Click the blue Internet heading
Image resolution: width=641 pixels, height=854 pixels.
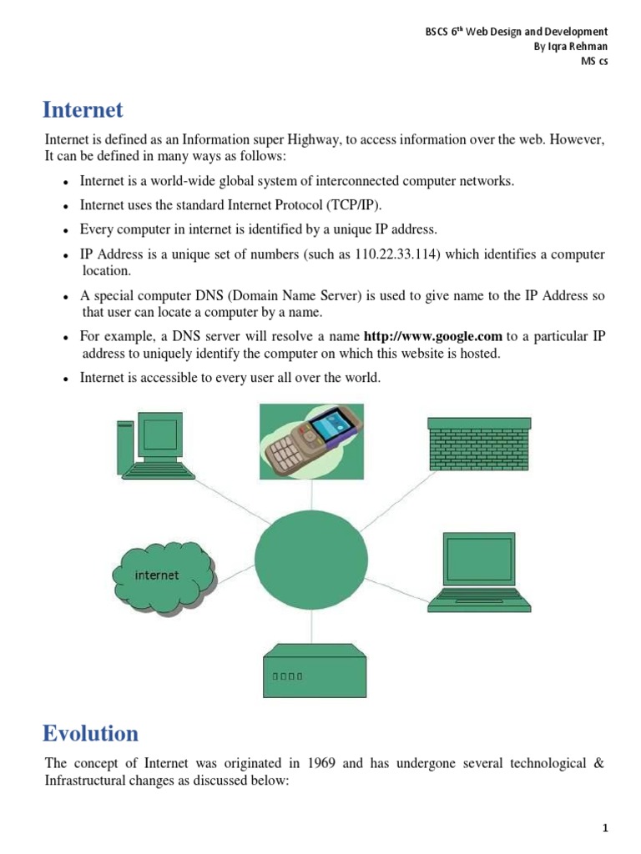[83, 110]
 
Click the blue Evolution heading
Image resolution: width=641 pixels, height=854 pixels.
[91, 734]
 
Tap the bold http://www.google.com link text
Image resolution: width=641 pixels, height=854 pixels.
[433, 336]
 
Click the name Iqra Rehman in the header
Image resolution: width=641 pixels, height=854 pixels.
[571, 47]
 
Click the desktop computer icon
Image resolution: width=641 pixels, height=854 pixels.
[150, 447]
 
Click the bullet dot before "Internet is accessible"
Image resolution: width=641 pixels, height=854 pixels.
[65, 379]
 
